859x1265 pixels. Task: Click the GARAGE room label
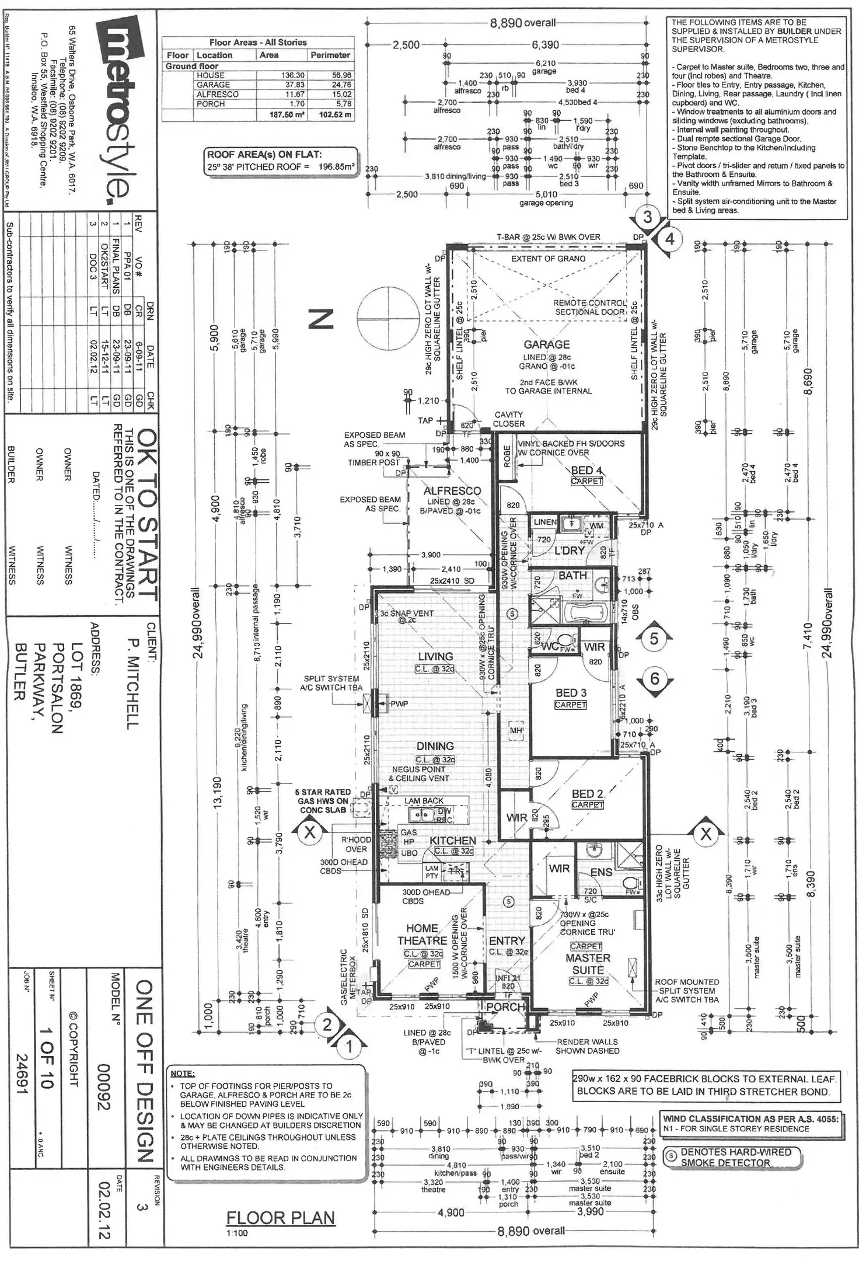click(546, 344)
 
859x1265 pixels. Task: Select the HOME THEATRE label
click(422, 935)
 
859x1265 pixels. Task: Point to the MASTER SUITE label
click(588, 964)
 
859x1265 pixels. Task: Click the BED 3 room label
click(571, 693)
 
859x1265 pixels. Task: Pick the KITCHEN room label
click(453, 841)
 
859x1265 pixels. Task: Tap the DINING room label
click(435, 746)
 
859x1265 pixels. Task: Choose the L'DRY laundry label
click(569, 550)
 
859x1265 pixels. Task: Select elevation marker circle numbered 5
click(654, 639)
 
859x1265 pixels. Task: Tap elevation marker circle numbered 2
click(327, 1025)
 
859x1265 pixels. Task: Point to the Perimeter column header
click(330, 55)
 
